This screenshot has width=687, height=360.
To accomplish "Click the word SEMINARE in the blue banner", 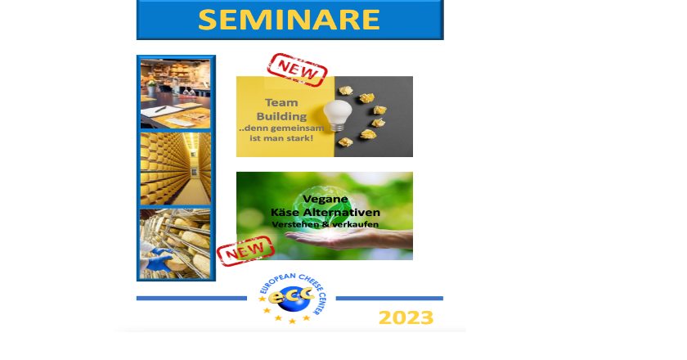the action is (289, 20).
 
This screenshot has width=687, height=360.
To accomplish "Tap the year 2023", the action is (406, 317).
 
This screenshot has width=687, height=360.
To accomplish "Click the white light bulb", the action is (337, 115).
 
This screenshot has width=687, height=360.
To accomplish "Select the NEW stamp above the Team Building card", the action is (297, 70).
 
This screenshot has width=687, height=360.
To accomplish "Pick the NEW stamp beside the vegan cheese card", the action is (245, 251).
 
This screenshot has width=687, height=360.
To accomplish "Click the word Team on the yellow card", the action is (281, 102).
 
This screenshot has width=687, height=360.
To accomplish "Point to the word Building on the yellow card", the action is (281, 117).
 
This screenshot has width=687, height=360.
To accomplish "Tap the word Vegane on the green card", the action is (326, 199).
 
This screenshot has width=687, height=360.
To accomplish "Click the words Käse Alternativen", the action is (326, 213).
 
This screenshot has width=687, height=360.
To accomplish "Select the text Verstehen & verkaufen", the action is (326, 224).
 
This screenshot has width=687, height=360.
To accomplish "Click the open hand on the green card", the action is (346, 240).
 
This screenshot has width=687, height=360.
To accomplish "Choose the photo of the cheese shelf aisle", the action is (176, 169).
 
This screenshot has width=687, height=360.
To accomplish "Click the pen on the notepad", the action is (160, 109).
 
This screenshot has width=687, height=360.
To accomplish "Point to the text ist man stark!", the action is (281, 138).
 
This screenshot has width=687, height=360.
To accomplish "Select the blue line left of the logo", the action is (191, 298).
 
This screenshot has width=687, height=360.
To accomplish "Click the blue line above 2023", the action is (389, 298).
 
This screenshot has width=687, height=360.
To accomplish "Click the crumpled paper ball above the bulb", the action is (346, 90).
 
